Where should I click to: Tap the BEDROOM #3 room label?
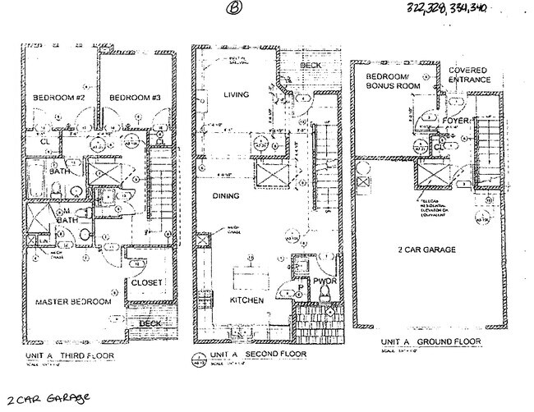click(x=134, y=98)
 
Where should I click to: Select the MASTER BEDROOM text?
click(x=72, y=302)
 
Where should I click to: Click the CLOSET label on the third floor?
click(x=148, y=283)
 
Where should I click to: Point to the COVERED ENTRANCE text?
click(x=468, y=76)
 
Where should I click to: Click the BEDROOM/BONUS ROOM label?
click(x=393, y=80)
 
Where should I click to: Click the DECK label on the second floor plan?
click(x=310, y=65)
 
